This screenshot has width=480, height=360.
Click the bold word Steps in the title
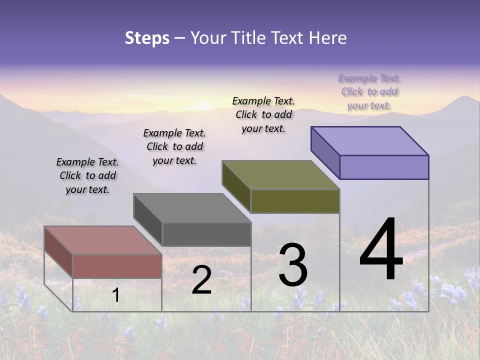click(x=147, y=38)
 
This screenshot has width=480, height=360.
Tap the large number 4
click(x=381, y=250)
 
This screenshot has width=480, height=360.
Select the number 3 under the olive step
click(x=293, y=265)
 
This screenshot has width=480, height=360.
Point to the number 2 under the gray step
click(x=201, y=280)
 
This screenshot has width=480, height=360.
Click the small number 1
click(x=115, y=295)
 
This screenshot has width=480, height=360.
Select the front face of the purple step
click(x=384, y=167)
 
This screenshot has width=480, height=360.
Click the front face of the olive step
click(x=295, y=201)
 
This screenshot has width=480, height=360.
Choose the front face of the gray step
click(x=206, y=234)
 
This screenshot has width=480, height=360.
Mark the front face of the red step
click(x=117, y=266)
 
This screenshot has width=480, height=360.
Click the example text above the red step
click(x=87, y=175)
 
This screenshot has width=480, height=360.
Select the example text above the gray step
click(x=174, y=146)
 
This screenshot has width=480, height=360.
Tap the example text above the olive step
click(x=263, y=114)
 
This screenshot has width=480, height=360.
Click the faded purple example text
click(x=369, y=91)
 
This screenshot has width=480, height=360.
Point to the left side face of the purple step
click(x=325, y=152)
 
